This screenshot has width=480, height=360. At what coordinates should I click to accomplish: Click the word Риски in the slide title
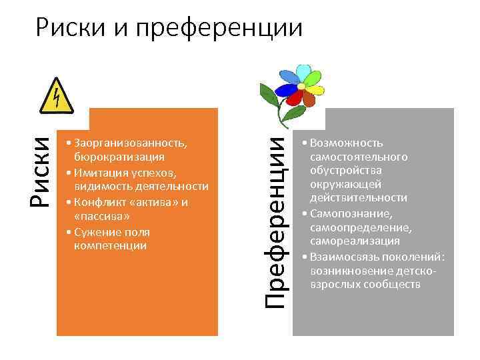tap(69, 28)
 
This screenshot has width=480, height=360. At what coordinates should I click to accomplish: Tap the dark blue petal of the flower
tap(288, 89)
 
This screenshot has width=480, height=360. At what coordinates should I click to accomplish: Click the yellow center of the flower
tap(301, 86)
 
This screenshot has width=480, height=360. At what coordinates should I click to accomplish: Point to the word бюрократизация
tap(119, 157)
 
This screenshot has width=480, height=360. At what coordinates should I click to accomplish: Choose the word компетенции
tap(111, 246)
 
